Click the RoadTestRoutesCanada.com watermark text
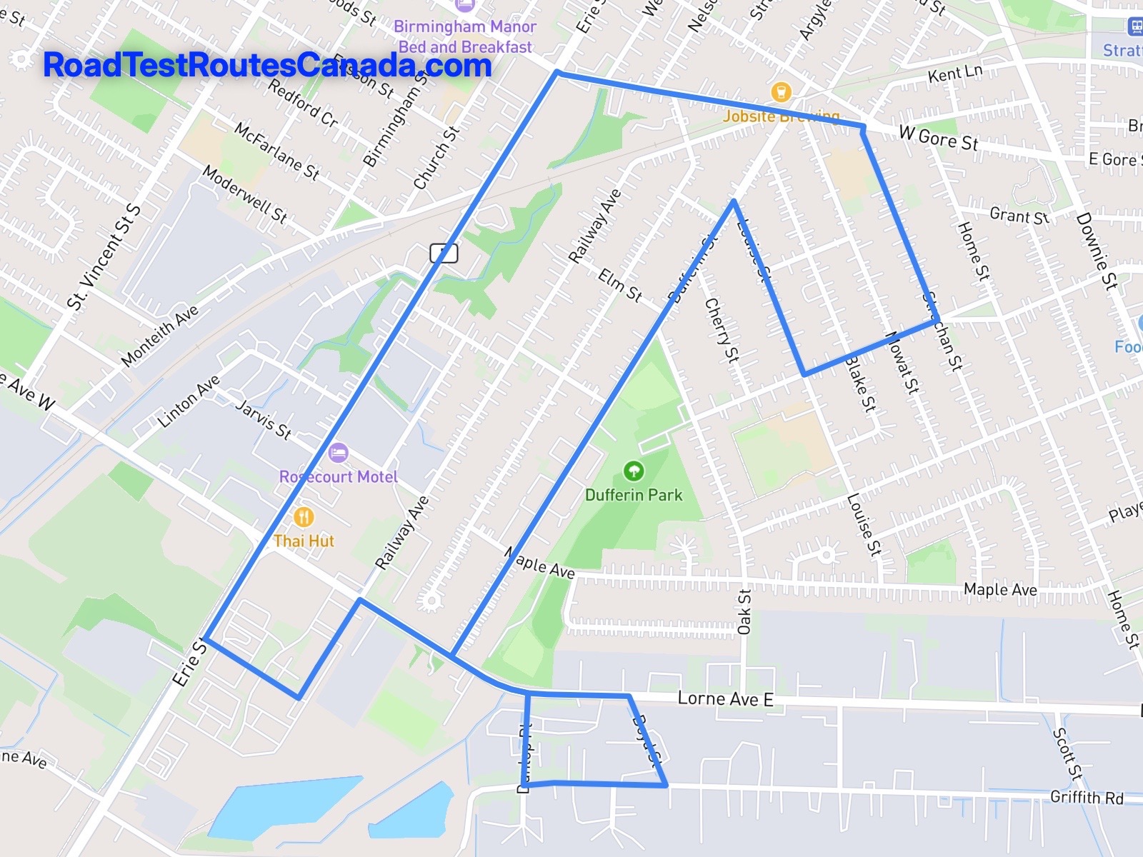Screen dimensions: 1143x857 (267, 65)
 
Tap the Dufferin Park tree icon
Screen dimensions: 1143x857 (634, 471)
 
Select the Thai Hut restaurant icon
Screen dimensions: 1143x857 (304, 517)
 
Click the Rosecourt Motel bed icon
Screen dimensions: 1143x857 (338, 453)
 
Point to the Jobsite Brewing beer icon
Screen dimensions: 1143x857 (782, 92)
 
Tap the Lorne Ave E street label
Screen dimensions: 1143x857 (725, 698)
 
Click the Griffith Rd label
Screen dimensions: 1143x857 (1087, 797)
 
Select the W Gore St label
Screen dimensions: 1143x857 (938, 138)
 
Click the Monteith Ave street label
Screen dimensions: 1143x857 (159, 336)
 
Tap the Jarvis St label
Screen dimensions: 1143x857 (264, 419)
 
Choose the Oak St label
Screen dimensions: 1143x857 (744, 611)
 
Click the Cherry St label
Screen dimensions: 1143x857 (722, 329)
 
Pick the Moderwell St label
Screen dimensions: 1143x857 (244, 194)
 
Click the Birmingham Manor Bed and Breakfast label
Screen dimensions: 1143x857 (465, 36)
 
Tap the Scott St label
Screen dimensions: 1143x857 (1067, 753)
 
